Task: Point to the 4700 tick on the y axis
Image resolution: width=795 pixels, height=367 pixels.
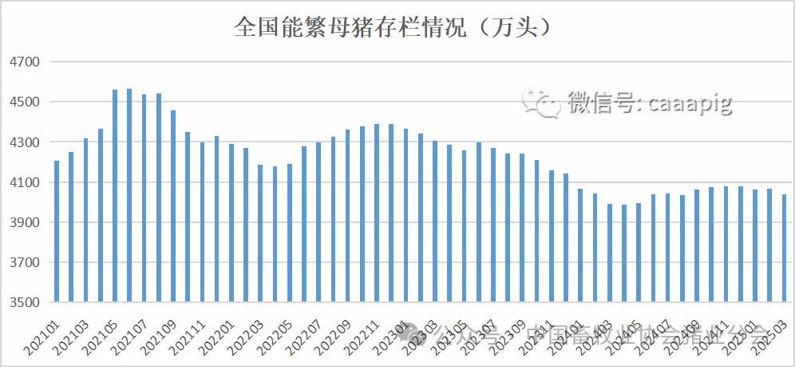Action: point(23,62)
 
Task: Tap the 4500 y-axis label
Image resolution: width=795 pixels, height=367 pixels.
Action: point(23,102)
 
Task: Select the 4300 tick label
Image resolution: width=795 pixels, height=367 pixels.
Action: point(23,142)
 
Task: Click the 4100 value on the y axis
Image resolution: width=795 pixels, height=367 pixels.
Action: point(23,183)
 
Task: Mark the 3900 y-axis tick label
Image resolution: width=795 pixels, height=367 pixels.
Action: point(23,223)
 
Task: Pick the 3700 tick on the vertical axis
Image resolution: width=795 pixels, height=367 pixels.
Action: point(23,263)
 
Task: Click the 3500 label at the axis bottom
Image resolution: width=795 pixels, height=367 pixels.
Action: point(23,303)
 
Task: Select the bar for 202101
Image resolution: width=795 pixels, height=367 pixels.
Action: point(57,232)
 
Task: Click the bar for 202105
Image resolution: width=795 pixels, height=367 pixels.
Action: point(115,196)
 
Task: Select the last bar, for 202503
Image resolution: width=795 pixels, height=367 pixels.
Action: point(783,248)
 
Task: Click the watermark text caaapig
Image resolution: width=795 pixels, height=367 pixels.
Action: point(690,102)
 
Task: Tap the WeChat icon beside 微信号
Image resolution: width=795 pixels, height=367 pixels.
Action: point(540,102)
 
